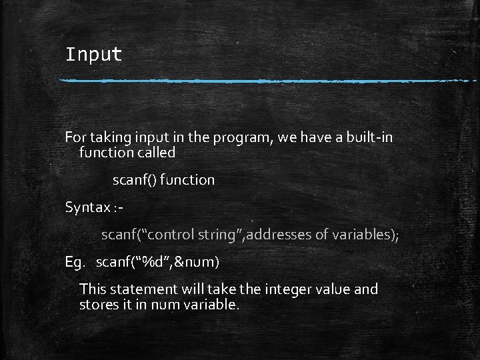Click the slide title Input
pos(93,54)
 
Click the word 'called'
pos(153,153)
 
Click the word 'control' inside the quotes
pos(174,235)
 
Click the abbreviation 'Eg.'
pos(75,262)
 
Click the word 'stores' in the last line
pos(99,305)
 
